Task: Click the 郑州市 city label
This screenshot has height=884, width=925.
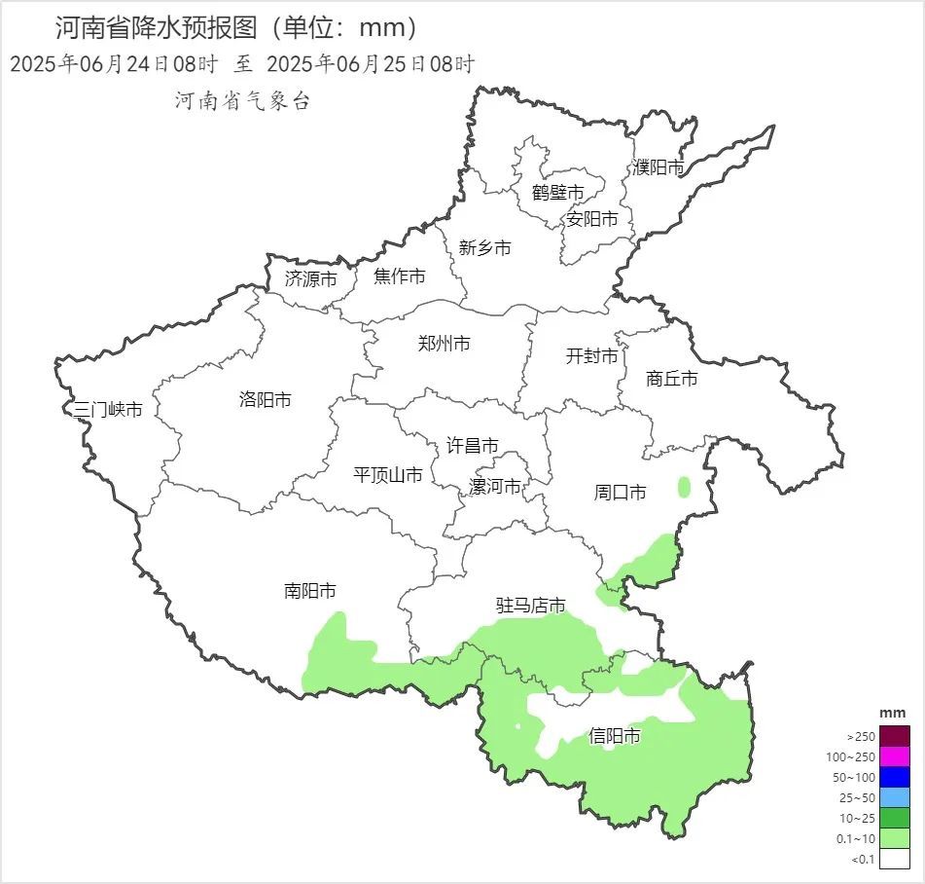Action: pyautogui.click(x=444, y=344)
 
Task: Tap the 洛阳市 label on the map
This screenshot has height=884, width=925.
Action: pyautogui.click(x=265, y=400)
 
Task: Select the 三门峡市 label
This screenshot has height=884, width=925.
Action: pyautogui.click(x=108, y=410)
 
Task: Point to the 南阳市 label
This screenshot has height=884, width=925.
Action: pyautogui.click(x=310, y=591)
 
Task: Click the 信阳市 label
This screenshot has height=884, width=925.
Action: pyautogui.click(x=615, y=736)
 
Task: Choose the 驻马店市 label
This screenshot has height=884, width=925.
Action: pyautogui.click(x=531, y=606)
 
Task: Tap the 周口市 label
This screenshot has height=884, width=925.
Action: pyautogui.click(x=620, y=493)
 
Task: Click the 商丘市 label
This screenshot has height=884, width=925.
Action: pyautogui.click(x=671, y=379)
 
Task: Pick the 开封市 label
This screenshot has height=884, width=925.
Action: pyautogui.click(x=591, y=357)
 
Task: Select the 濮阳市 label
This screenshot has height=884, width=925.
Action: pyautogui.click(x=658, y=167)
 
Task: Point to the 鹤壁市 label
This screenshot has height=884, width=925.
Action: pyautogui.click(x=557, y=193)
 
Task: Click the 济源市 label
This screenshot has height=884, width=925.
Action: pyautogui.click(x=310, y=278)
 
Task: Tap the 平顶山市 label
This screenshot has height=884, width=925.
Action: pyautogui.click(x=387, y=475)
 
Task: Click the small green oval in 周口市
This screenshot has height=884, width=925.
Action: pyautogui.click(x=684, y=487)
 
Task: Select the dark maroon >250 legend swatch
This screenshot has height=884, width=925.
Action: pyautogui.click(x=895, y=736)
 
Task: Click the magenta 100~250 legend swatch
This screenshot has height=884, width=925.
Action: pyautogui.click(x=895, y=756)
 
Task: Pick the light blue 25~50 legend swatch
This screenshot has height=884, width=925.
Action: pyautogui.click(x=895, y=797)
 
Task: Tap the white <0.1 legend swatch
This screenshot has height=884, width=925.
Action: pyautogui.click(x=895, y=859)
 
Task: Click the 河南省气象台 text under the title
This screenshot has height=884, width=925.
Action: pyautogui.click(x=242, y=100)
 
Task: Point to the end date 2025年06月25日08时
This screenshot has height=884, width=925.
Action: pyautogui.click(x=370, y=65)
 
